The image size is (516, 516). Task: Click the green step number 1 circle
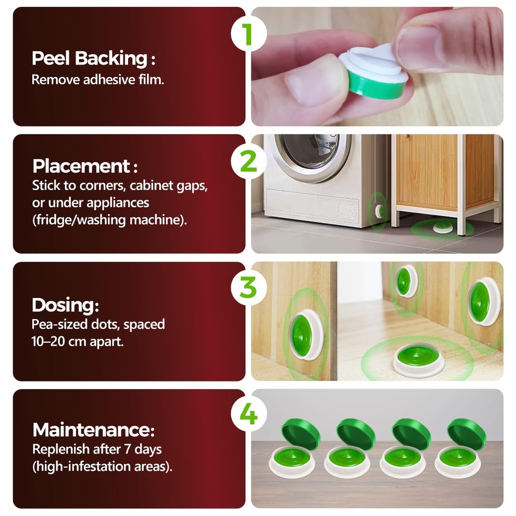point(248,34)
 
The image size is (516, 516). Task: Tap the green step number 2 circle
point(248,161)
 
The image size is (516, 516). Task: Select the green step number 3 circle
point(248,287)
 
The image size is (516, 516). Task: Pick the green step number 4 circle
point(248,414)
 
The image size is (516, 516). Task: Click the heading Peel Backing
point(93,58)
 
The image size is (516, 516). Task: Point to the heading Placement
point(85,166)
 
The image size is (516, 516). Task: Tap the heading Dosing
point(65,305)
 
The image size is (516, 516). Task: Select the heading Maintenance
point(93,430)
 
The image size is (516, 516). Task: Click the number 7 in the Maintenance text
point(127,449)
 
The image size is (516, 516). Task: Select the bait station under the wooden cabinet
point(442,227)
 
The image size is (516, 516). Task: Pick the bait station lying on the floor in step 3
point(419,360)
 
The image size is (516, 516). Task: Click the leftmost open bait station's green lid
point(301,431)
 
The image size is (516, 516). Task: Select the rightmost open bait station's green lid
point(467,431)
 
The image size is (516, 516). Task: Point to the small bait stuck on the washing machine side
point(379,212)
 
